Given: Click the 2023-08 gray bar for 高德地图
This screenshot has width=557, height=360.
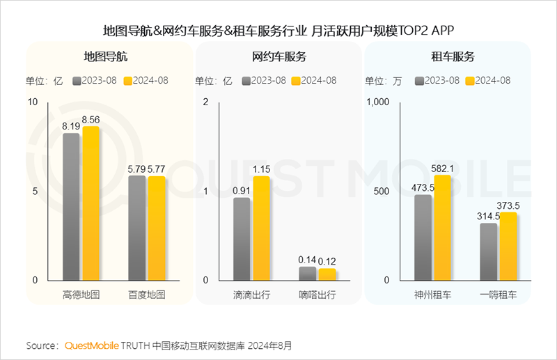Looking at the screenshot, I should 72,206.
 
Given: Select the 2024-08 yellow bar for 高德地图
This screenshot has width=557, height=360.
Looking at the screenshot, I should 91,203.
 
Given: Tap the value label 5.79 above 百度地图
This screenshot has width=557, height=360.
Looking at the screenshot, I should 136,169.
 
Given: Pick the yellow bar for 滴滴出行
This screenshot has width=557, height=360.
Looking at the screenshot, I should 261,228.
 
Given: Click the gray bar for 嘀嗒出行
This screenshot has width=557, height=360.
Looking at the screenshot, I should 307,273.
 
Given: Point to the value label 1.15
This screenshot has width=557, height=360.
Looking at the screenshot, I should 262,169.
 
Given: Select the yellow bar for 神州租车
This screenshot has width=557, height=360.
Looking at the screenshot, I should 442,227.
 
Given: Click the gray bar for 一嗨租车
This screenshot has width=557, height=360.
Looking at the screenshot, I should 489,251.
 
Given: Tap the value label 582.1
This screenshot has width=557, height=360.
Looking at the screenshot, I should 442,168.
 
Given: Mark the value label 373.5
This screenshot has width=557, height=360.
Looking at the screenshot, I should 508,205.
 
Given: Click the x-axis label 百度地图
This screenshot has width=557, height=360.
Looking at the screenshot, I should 147,295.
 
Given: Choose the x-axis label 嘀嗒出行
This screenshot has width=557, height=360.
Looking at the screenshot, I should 317,295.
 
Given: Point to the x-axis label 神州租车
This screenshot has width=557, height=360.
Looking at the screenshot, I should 432,295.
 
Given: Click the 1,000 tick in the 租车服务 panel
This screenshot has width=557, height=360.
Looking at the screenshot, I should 379,102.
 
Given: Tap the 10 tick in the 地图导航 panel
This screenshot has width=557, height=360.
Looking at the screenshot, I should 33,102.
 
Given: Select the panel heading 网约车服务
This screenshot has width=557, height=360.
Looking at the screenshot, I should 278,57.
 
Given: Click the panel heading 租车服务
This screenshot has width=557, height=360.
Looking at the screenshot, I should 448,57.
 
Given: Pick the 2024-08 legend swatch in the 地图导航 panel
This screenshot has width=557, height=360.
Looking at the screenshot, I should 128,80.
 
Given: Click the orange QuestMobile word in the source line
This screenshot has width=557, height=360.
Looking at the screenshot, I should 92,345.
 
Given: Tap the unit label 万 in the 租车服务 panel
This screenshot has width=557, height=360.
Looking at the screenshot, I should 398,80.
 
